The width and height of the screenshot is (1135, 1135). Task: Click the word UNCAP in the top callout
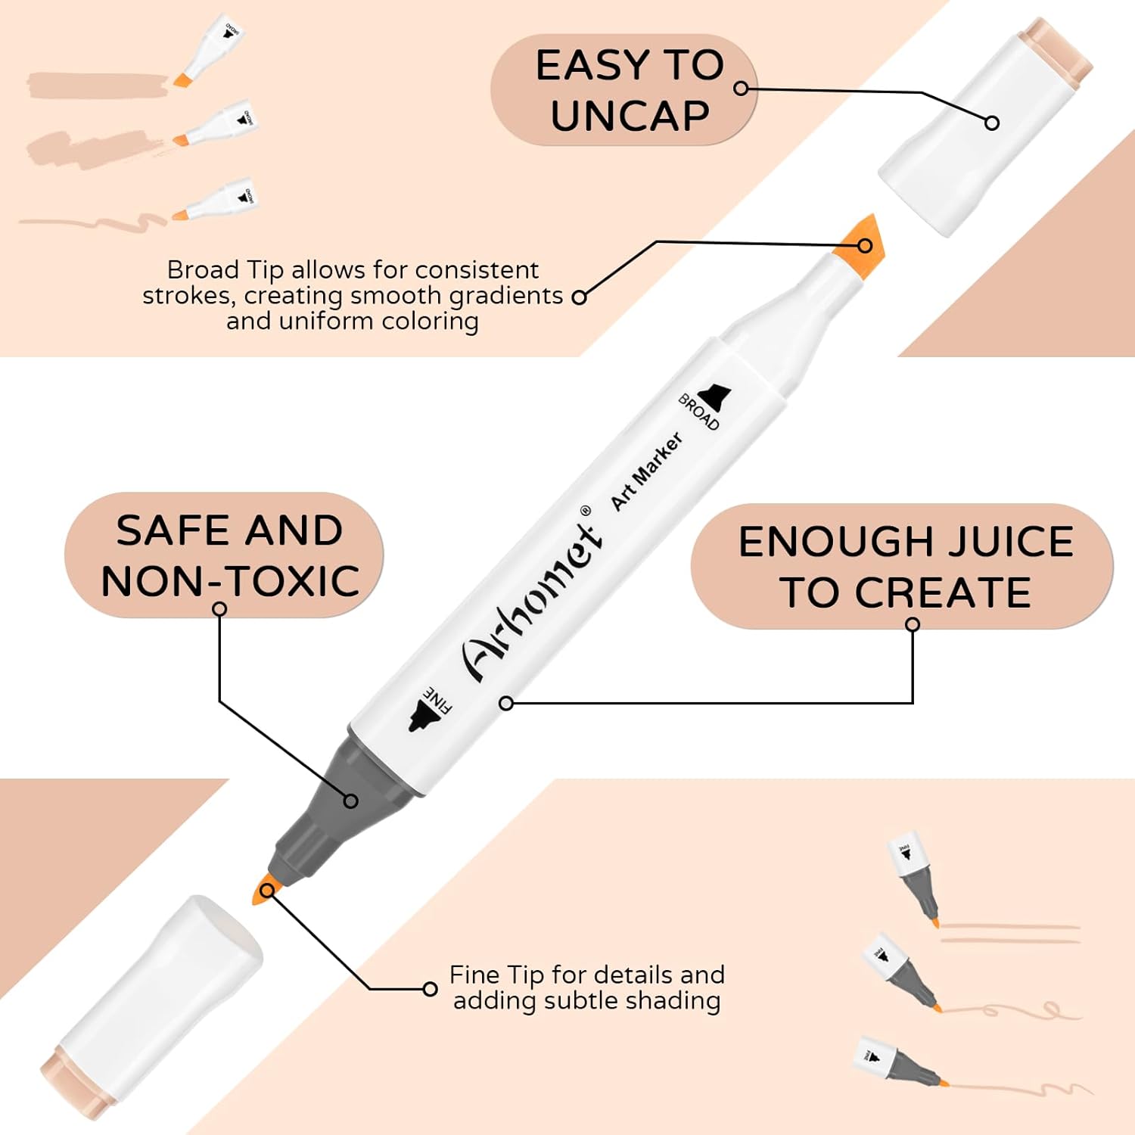630,116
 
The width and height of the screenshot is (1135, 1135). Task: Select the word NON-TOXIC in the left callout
230,581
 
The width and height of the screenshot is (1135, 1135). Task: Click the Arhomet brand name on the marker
533,598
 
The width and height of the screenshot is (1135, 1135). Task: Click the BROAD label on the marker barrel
698,412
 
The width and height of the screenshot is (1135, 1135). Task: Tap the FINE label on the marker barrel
437,700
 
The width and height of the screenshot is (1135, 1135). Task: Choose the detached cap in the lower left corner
151,1006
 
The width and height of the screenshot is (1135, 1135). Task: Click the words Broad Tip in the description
225,270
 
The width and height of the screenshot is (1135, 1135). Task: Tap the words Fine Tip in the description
496,975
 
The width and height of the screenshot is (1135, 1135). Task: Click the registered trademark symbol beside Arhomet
585,511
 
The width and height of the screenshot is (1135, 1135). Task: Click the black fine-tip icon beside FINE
419,716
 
